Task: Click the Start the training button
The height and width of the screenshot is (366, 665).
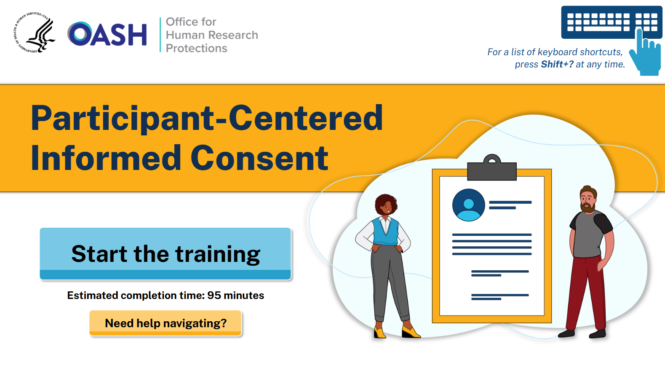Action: pos(166,253)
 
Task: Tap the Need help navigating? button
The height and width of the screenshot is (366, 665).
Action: pos(166,323)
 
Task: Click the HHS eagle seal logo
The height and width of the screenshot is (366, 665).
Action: pos(35,33)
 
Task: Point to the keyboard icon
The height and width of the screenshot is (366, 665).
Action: pos(612,22)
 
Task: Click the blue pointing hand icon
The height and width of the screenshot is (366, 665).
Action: pos(646,54)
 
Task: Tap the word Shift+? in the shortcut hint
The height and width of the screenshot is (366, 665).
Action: pos(557,64)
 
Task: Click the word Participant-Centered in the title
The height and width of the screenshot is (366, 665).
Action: pos(207,118)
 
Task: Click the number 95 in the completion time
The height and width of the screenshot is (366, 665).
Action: pos(214,296)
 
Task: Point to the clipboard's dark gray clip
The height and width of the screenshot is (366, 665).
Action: pos(492,168)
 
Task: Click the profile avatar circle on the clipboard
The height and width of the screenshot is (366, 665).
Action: pos(468,205)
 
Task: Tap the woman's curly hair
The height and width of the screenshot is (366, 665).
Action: pos(385,203)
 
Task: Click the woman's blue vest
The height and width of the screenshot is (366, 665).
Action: pos(385,232)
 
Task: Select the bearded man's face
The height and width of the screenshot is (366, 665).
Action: pos(588,201)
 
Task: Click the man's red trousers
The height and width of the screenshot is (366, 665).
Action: pos(586,293)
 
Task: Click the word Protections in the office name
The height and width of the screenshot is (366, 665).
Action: pos(196,48)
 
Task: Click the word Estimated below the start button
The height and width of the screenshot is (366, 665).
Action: pos(92,296)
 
